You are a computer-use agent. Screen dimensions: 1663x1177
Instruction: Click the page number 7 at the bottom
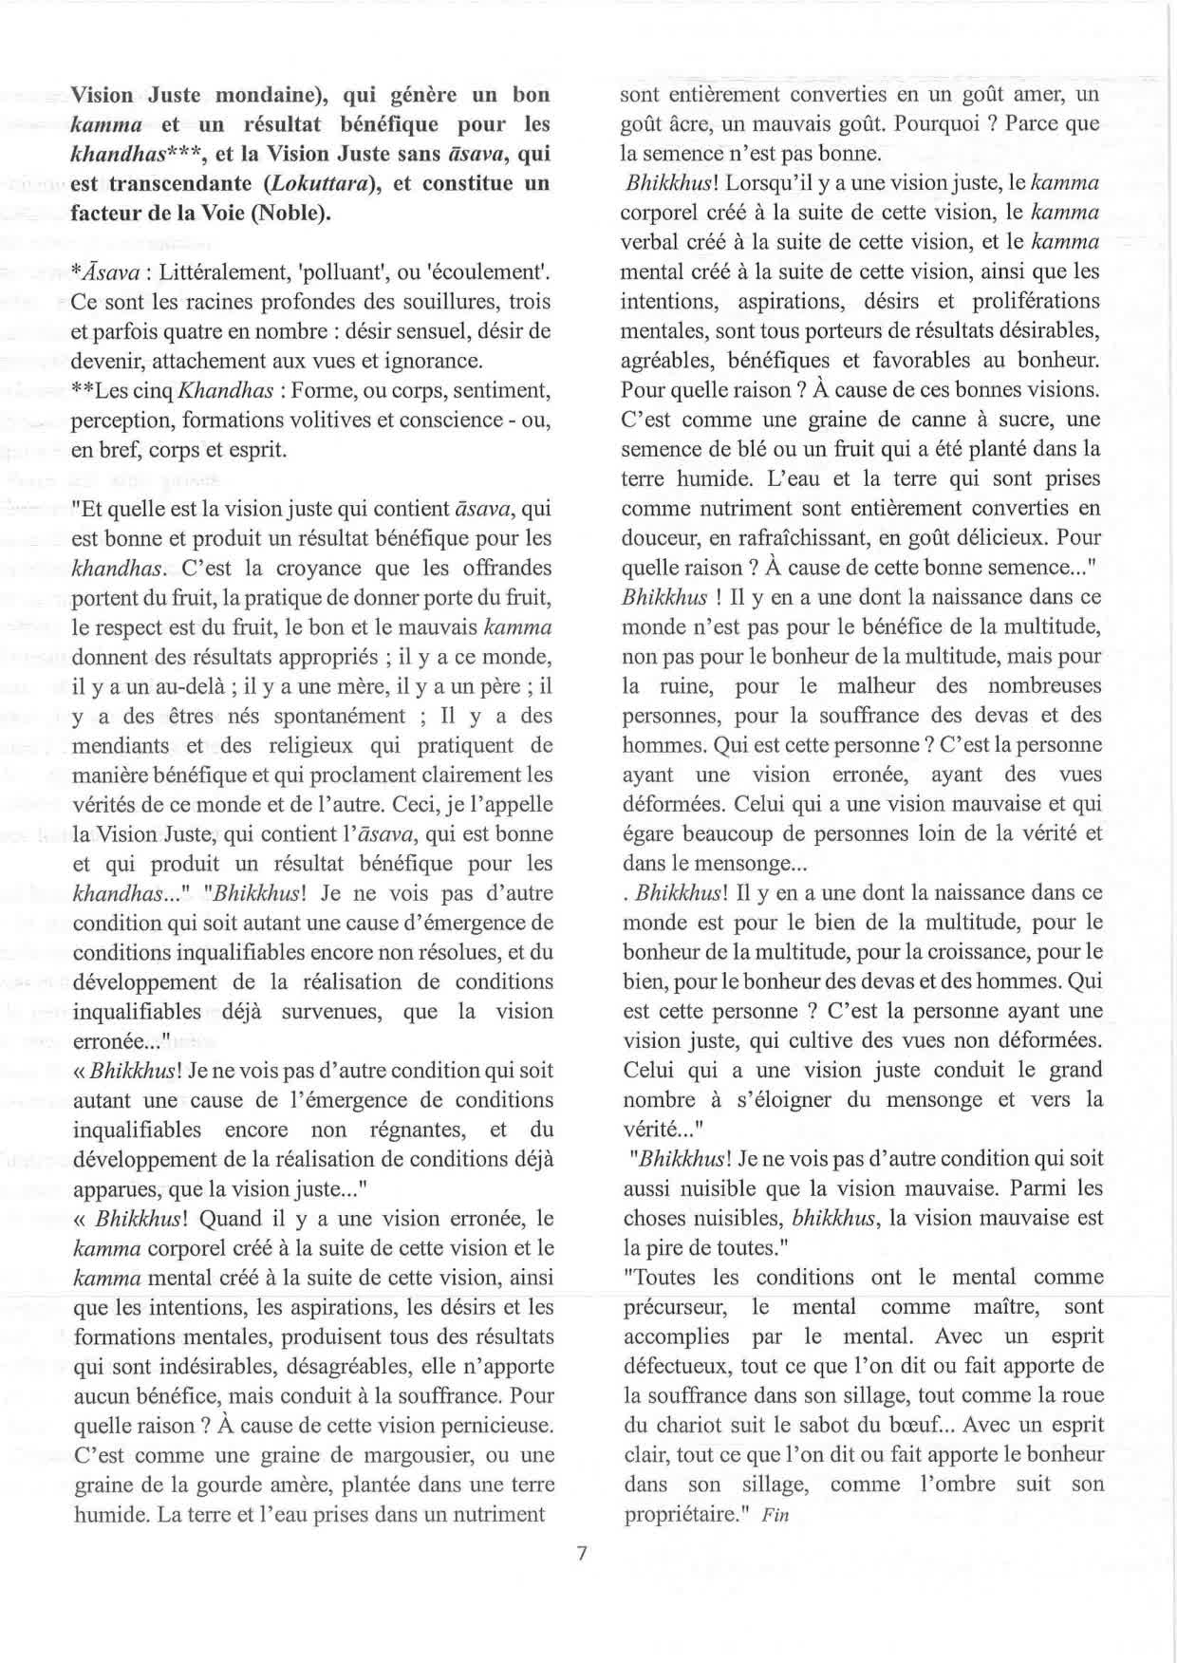(583, 1554)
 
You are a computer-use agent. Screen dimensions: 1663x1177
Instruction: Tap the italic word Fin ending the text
(775, 1515)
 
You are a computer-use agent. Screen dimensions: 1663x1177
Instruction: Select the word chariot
(687, 1425)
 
